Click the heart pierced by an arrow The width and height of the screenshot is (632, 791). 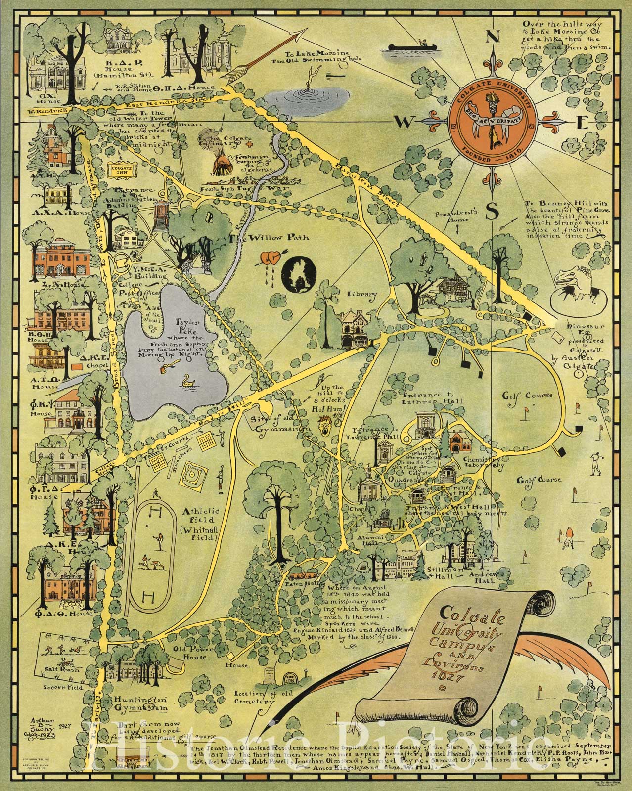[x=270, y=257]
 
